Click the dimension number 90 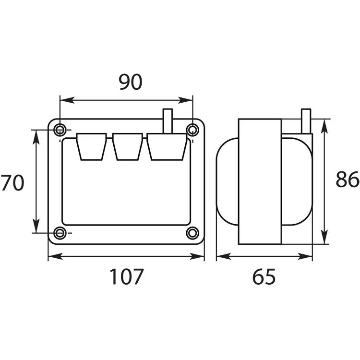(131, 82)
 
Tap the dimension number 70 (12, 183)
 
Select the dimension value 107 (127, 276)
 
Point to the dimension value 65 (264, 276)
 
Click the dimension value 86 (348, 180)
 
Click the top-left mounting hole (60, 130)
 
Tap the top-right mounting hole (192, 130)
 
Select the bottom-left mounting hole (60, 233)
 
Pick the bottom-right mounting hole (192, 233)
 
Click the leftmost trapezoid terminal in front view (91, 146)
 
